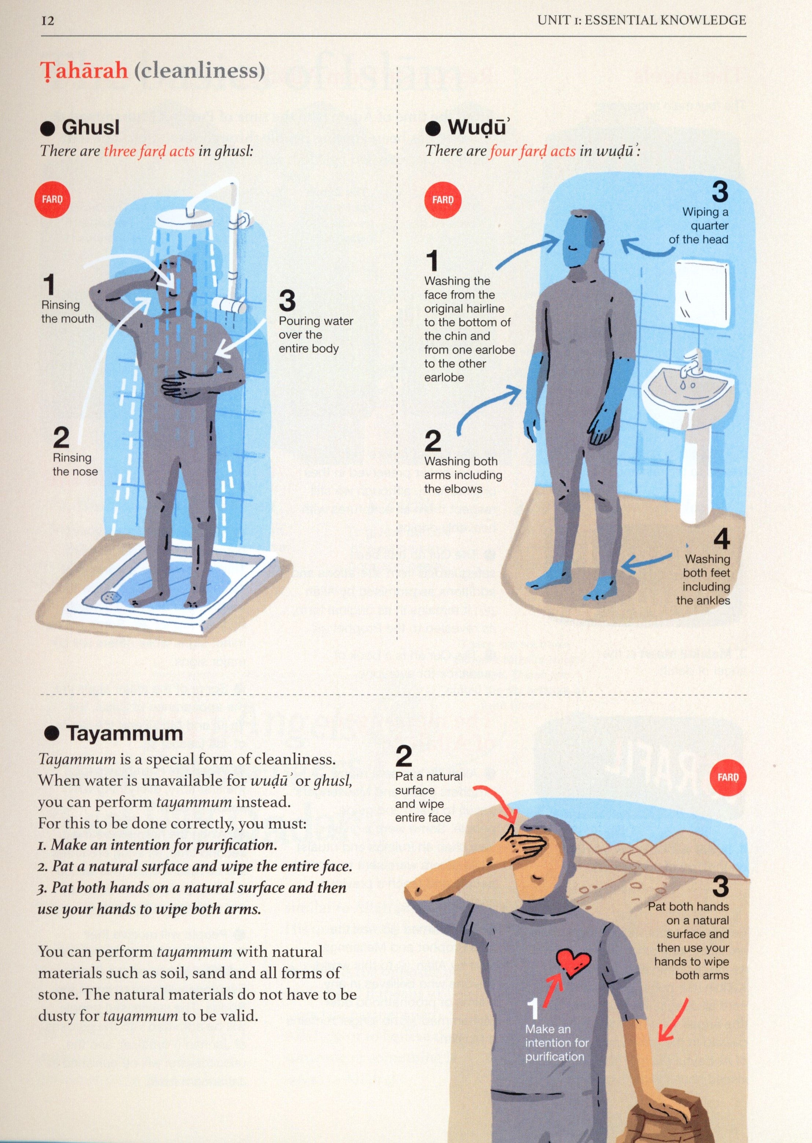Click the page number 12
pyautogui.click(x=48, y=21)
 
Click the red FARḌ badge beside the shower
pyautogui.click(x=52, y=200)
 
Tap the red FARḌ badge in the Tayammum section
pyautogui.click(x=727, y=777)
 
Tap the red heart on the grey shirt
pyautogui.click(x=574, y=961)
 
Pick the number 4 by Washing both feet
pyautogui.click(x=721, y=539)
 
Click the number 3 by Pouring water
pyautogui.click(x=287, y=301)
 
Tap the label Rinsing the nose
pyautogui.click(x=75, y=465)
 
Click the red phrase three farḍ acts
pyautogui.click(x=149, y=151)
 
